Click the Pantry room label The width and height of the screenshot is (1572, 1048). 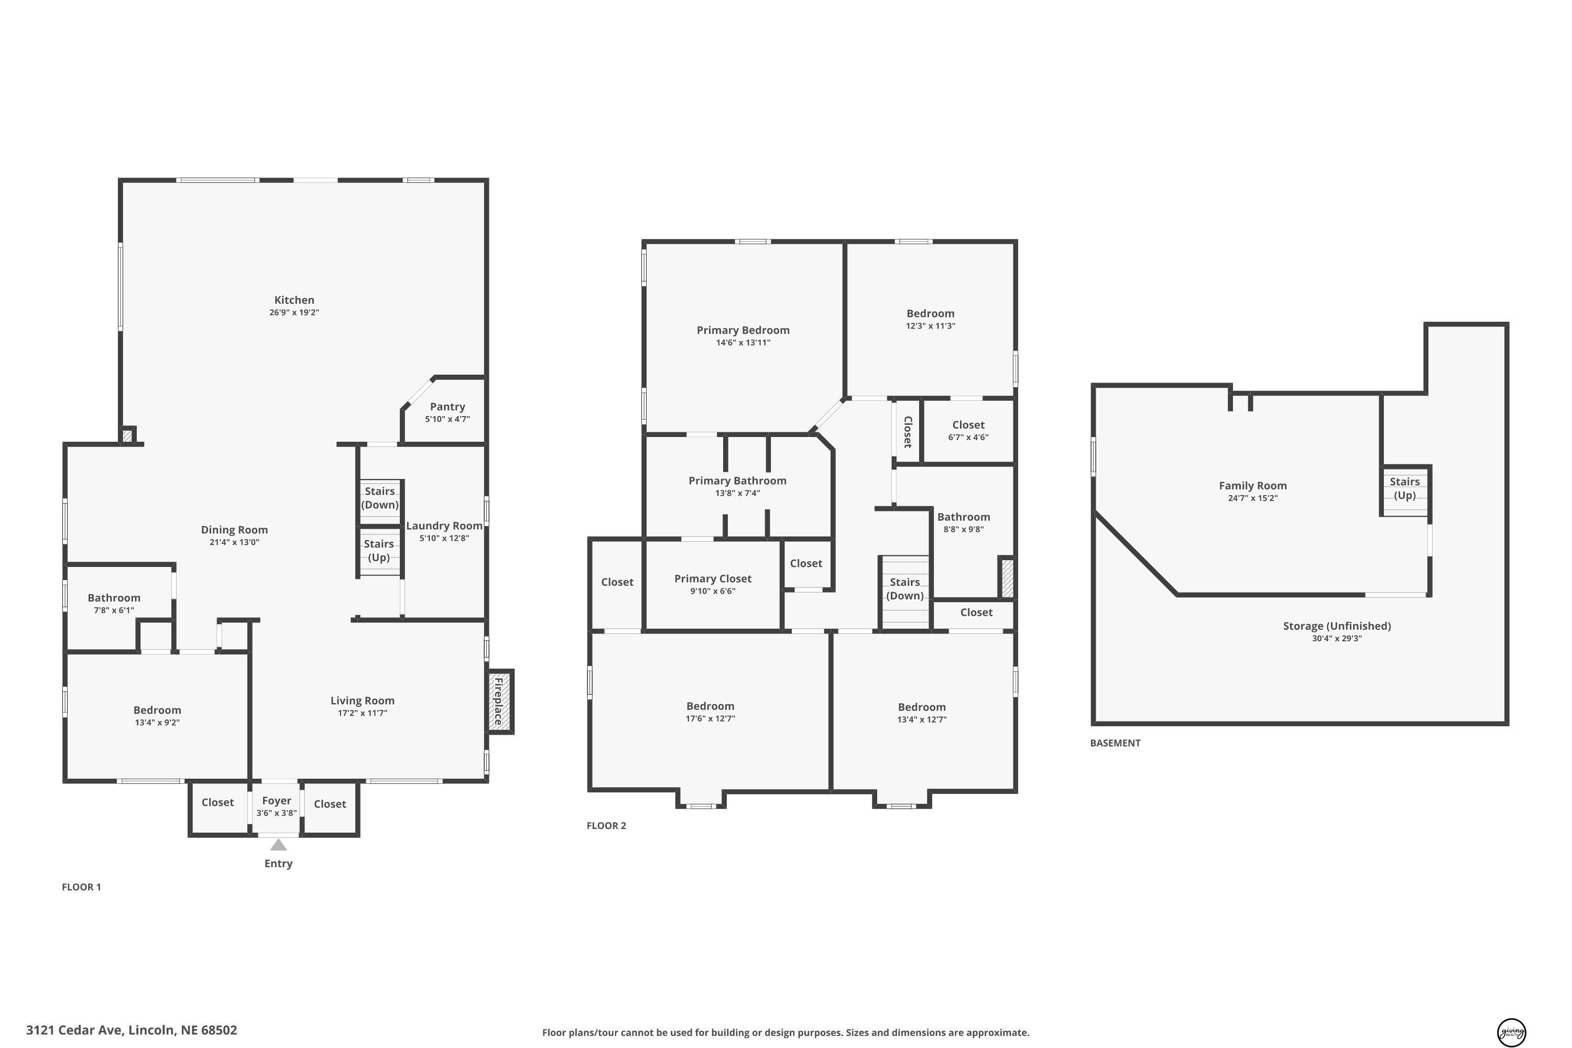447,407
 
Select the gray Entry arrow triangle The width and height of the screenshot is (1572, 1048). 278,845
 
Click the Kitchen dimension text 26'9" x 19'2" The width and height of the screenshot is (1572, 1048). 294,312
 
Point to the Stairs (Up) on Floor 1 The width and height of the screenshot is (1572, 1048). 379,551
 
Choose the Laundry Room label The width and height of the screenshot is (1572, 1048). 444,526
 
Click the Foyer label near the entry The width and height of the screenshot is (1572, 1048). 277,801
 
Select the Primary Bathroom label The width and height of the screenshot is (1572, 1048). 737,481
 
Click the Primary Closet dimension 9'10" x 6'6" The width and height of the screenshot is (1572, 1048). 713,591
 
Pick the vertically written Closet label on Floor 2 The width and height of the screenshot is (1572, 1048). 908,432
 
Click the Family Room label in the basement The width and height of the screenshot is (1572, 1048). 1252,486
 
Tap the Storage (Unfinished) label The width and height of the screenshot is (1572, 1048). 1337,626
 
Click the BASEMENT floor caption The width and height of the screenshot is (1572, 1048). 1115,743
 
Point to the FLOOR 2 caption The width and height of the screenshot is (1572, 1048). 606,825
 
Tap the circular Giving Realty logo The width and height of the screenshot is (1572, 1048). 1511,1031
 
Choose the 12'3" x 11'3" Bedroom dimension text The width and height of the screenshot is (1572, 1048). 931,326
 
